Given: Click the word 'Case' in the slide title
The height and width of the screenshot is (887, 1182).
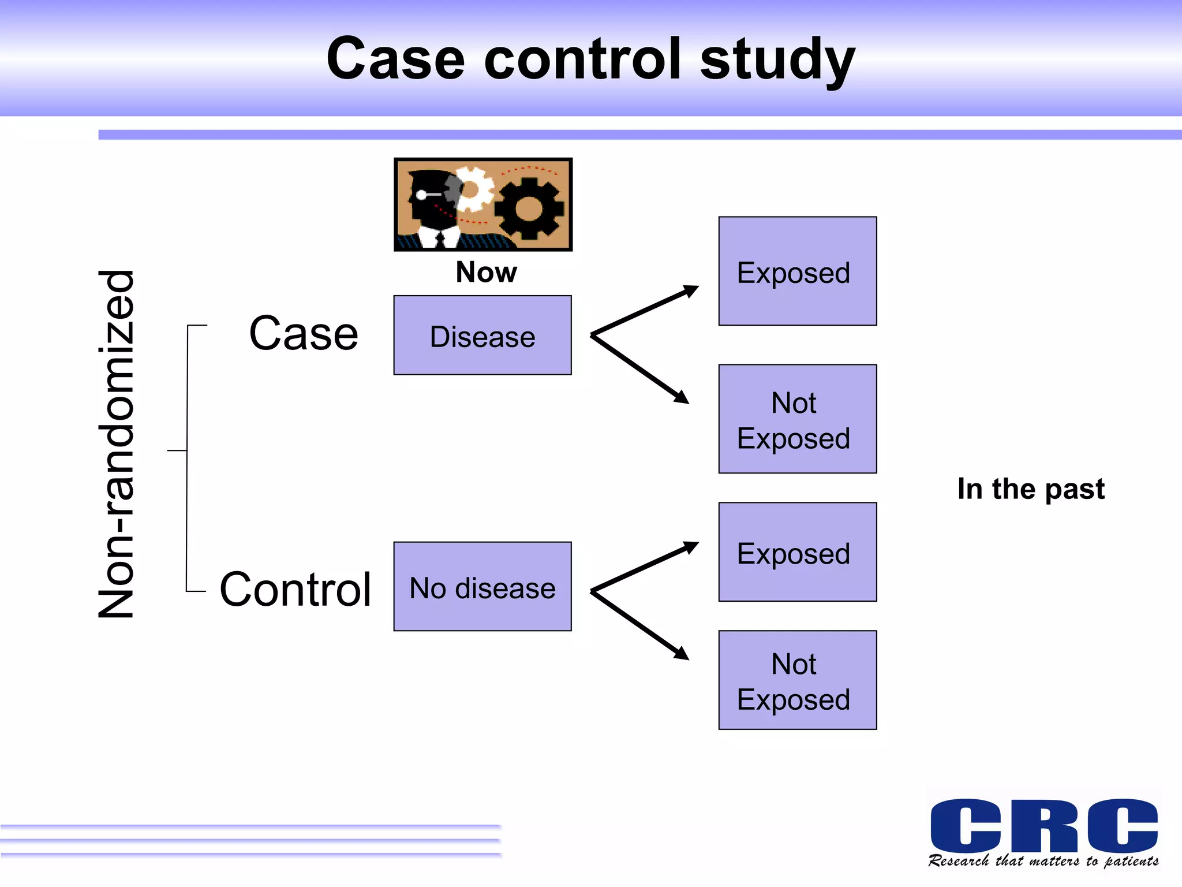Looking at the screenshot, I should tap(395, 59).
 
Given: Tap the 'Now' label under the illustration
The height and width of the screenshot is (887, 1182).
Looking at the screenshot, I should tap(486, 272).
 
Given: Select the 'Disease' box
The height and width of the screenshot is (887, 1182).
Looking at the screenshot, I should tap(482, 336).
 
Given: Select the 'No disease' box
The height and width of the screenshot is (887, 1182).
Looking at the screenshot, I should tap(482, 587).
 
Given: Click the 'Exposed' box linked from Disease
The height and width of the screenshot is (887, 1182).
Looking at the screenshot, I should tap(797, 271).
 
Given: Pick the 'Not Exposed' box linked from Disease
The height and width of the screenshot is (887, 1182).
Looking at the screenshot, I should tap(797, 419).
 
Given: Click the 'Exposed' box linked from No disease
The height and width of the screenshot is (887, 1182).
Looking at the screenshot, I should tap(797, 553).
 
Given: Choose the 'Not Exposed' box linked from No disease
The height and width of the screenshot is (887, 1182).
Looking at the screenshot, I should tap(797, 680).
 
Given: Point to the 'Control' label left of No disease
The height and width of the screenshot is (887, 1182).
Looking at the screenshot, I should tap(295, 590).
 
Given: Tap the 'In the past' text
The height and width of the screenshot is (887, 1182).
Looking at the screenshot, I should tap(1031, 489).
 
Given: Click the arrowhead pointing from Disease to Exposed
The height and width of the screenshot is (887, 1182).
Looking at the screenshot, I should tap(691, 290).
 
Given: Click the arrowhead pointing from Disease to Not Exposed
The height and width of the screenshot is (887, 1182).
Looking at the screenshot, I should tap(682, 397).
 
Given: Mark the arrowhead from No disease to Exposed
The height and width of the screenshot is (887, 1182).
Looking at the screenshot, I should tap(691, 546).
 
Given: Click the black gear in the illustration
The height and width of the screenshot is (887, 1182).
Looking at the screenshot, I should tap(528, 208).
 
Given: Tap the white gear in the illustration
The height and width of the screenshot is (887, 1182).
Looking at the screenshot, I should tap(473, 189).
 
